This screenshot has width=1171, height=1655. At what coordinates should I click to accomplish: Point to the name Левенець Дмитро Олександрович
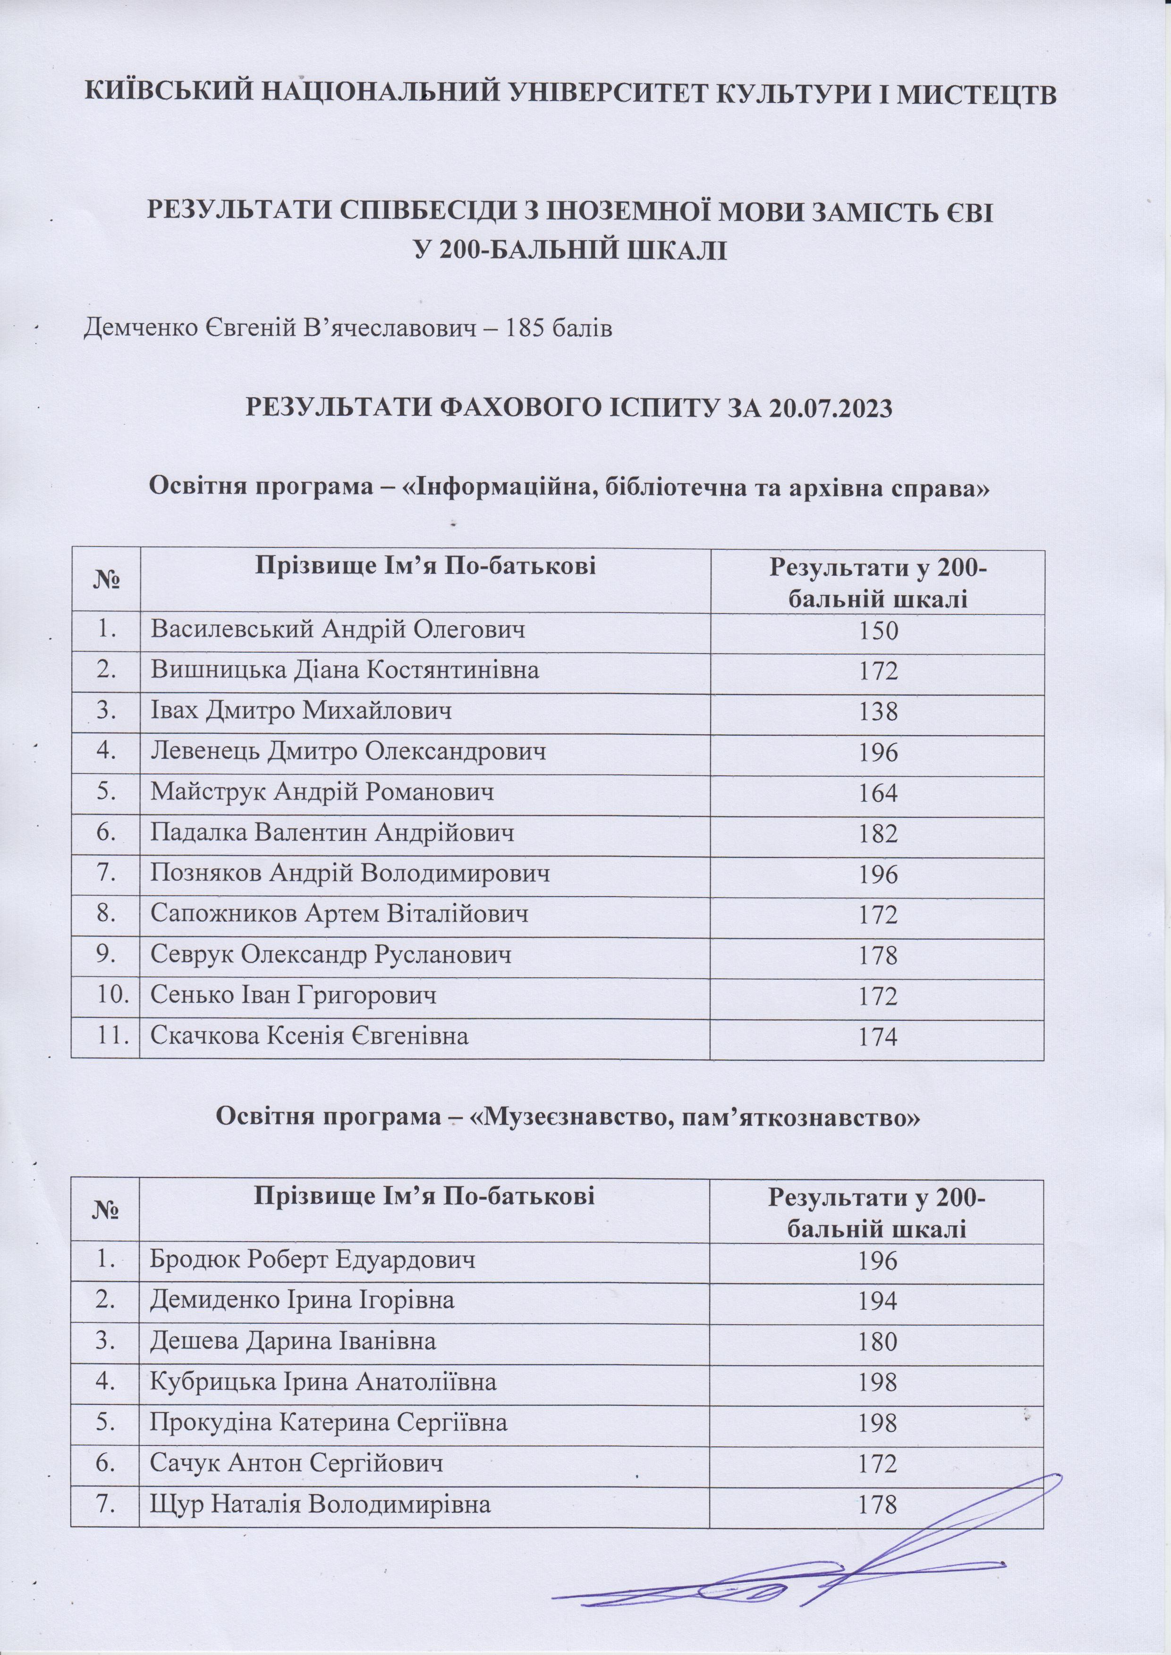click(348, 753)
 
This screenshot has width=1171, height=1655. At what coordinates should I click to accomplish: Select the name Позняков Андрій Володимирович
click(350, 874)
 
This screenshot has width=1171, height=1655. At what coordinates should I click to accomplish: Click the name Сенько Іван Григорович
click(294, 996)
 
